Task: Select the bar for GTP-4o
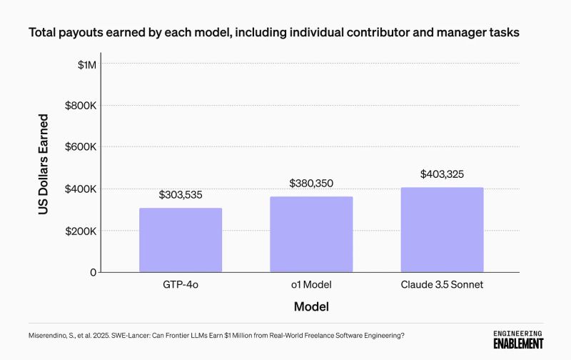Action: pos(181,240)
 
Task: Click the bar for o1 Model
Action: pos(311,234)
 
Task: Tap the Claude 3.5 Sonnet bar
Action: pos(442,230)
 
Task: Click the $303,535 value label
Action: pos(181,194)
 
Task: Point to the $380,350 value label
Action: pos(311,184)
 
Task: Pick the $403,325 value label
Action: pos(442,174)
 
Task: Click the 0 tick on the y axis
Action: pos(93,272)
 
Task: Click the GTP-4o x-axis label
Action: pos(181,285)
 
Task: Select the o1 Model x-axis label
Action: pos(311,285)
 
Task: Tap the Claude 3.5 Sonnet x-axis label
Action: pos(442,285)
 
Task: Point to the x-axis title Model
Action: pos(311,307)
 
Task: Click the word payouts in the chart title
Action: pos(81,33)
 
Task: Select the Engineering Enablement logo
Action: pos(518,339)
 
